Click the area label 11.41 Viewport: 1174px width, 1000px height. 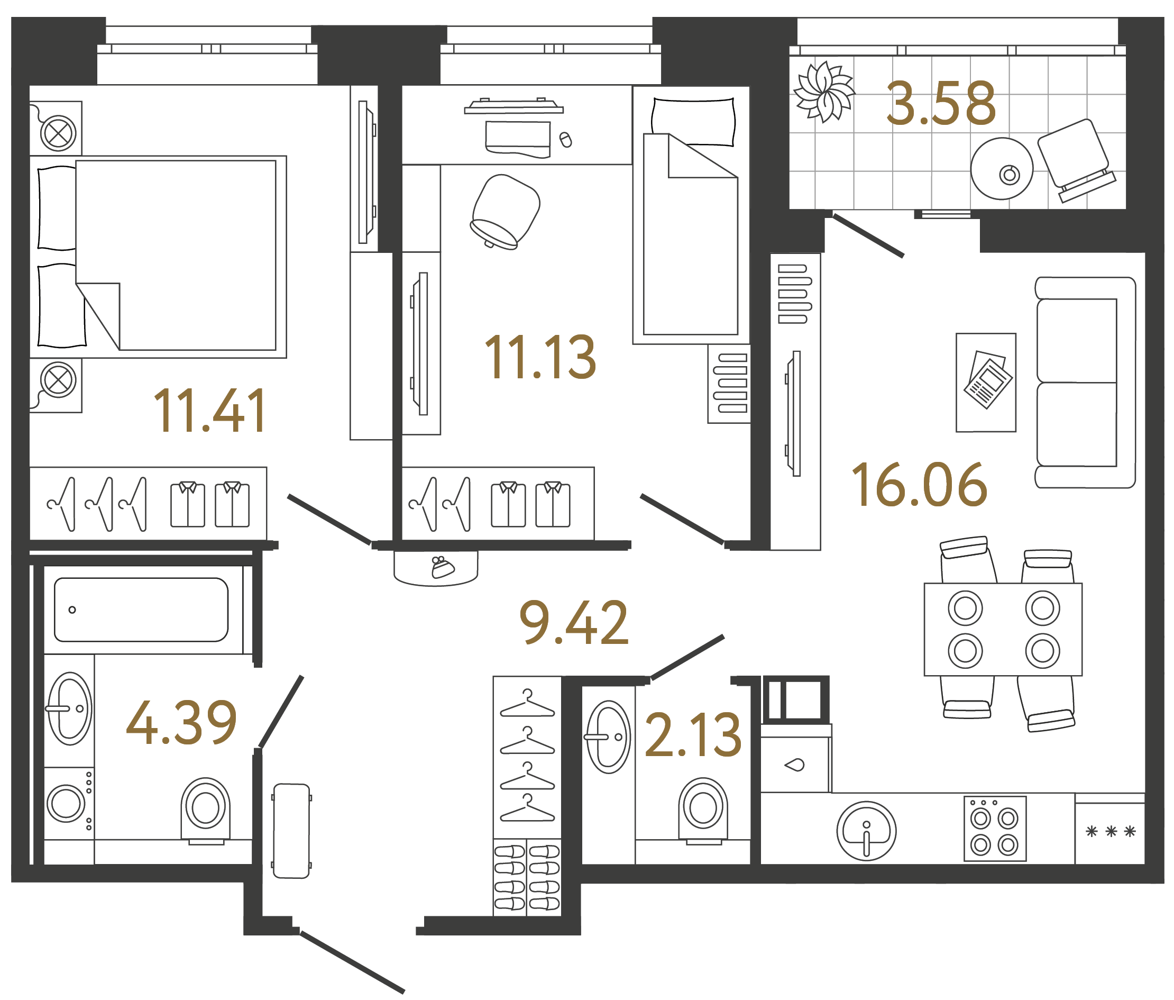point(209,412)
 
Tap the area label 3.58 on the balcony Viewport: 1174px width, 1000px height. point(941,104)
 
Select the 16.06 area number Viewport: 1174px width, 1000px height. point(919,485)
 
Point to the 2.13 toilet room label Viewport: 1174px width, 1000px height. point(692,736)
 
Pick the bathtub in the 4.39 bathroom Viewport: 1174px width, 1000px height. point(141,610)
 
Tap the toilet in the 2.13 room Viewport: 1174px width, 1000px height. point(703,808)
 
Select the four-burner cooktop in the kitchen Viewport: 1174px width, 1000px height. point(994,829)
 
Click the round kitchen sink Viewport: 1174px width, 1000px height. point(866,831)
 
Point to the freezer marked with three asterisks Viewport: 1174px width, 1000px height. point(1109,832)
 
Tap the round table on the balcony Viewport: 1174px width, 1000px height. point(1001,169)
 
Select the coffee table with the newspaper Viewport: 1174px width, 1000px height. point(985,383)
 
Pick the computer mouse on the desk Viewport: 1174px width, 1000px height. point(565,140)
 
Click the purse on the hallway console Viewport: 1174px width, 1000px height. point(442,567)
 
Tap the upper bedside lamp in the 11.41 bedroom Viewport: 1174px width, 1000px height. point(58,134)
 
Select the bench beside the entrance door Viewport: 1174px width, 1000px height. point(291,831)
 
